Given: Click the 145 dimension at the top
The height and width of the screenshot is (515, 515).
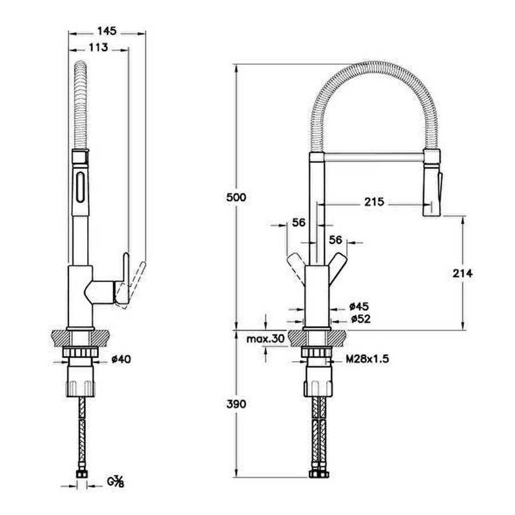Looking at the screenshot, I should coord(107,31).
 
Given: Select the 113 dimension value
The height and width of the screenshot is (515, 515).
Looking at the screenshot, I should coord(98,48).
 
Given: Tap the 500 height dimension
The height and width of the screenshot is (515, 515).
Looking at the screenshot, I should coord(235,197).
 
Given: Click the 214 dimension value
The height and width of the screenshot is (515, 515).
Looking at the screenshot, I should coord(461,273).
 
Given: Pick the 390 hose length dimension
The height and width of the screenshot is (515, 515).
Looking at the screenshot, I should coord(235,404).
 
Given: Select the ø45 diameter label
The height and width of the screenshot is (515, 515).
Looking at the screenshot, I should coord(359,307).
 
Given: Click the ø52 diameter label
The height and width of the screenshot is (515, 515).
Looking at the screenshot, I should coord(359,319).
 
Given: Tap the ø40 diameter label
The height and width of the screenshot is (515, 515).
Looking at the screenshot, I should coord(121,359).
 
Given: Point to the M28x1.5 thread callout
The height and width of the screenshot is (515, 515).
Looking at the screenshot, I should coord(367,359).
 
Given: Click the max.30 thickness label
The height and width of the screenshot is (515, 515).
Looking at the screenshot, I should coord(265,339).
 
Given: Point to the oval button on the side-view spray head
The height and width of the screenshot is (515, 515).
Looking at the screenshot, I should coord(80,186).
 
